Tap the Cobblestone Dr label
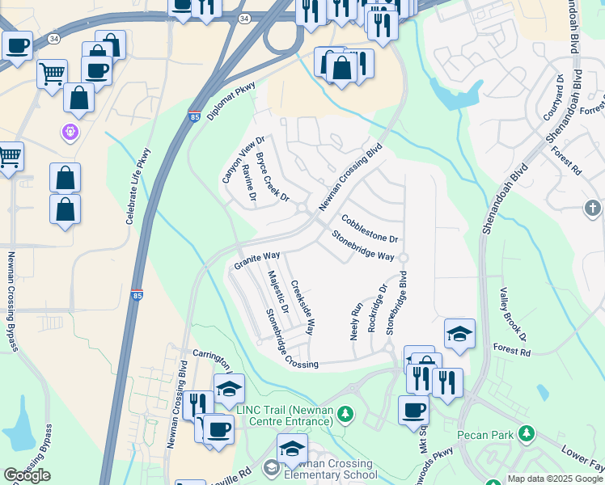(370, 229)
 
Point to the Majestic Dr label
(278, 292)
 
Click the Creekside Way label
(302, 308)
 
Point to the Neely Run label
(354, 320)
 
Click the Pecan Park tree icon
(527, 435)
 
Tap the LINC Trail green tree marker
(346, 415)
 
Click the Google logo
(27, 475)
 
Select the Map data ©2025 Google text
(555, 479)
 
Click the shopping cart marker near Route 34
(52, 74)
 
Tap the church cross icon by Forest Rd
(593, 209)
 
